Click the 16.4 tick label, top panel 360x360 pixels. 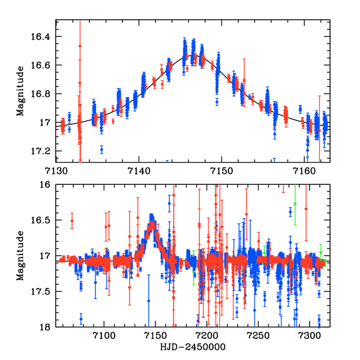pos(43,37)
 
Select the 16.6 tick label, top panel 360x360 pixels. pos(43,65)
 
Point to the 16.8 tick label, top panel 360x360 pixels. pos(43,94)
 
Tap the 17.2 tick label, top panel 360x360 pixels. pos(43,151)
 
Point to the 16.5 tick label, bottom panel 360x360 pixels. pos(43,221)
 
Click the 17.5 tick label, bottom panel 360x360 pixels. pos(43,292)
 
